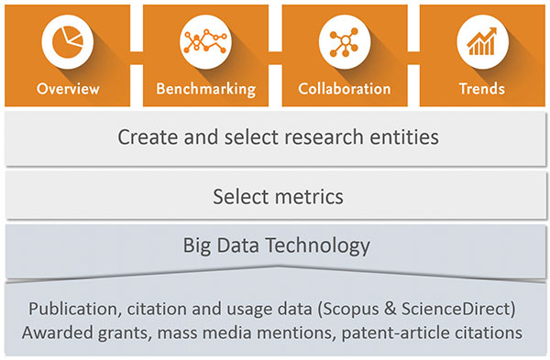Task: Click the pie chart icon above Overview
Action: click(x=68, y=42)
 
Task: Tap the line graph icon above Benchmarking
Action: click(x=205, y=41)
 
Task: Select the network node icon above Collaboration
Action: click(x=344, y=42)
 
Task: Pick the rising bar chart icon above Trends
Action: click(x=482, y=41)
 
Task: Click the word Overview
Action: click(x=68, y=89)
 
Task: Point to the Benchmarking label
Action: click(x=206, y=90)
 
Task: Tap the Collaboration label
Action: click(x=345, y=89)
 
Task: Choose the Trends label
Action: click(x=482, y=89)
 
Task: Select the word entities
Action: click(x=404, y=136)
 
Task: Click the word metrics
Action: click(x=304, y=197)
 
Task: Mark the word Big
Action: click(x=197, y=246)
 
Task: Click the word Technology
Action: click(x=318, y=246)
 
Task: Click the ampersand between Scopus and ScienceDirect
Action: click(x=390, y=309)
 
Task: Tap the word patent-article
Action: click(x=395, y=333)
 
